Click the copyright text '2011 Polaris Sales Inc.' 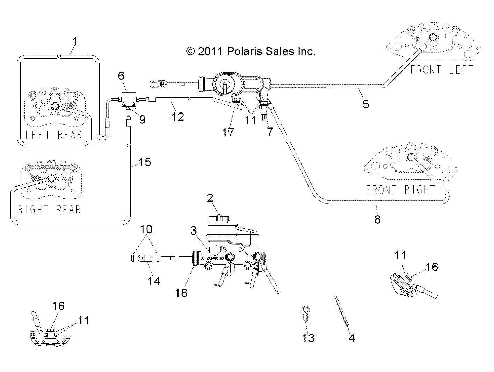(251, 52)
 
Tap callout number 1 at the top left (74, 42)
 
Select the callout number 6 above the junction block (121, 75)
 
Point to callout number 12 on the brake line (177, 116)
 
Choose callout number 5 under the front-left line (365, 104)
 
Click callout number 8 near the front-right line (377, 219)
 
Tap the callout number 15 (145, 162)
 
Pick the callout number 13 (308, 338)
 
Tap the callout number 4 (351, 338)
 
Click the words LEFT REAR (53, 135)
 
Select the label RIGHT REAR (49, 209)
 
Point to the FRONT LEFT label (441, 70)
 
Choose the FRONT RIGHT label (400, 190)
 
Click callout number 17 (228, 132)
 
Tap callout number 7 (269, 132)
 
